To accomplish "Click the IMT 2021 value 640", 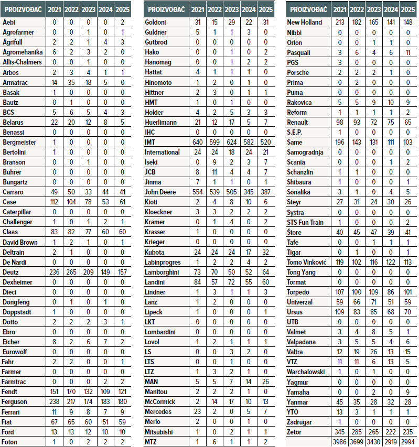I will (x=198, y=142).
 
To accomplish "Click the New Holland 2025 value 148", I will (x=407, y=22).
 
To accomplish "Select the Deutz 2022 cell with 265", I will (x=72, y=272).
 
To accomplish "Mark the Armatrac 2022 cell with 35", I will (x=72, y=82).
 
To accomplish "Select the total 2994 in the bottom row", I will (x=407, y=442).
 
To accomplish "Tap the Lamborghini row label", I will (x=164, y=272).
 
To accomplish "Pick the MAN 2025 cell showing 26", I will (x=266, y=382).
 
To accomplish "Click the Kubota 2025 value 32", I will (x=266, y=252).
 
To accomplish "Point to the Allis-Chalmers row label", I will (x=22, y=62).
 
